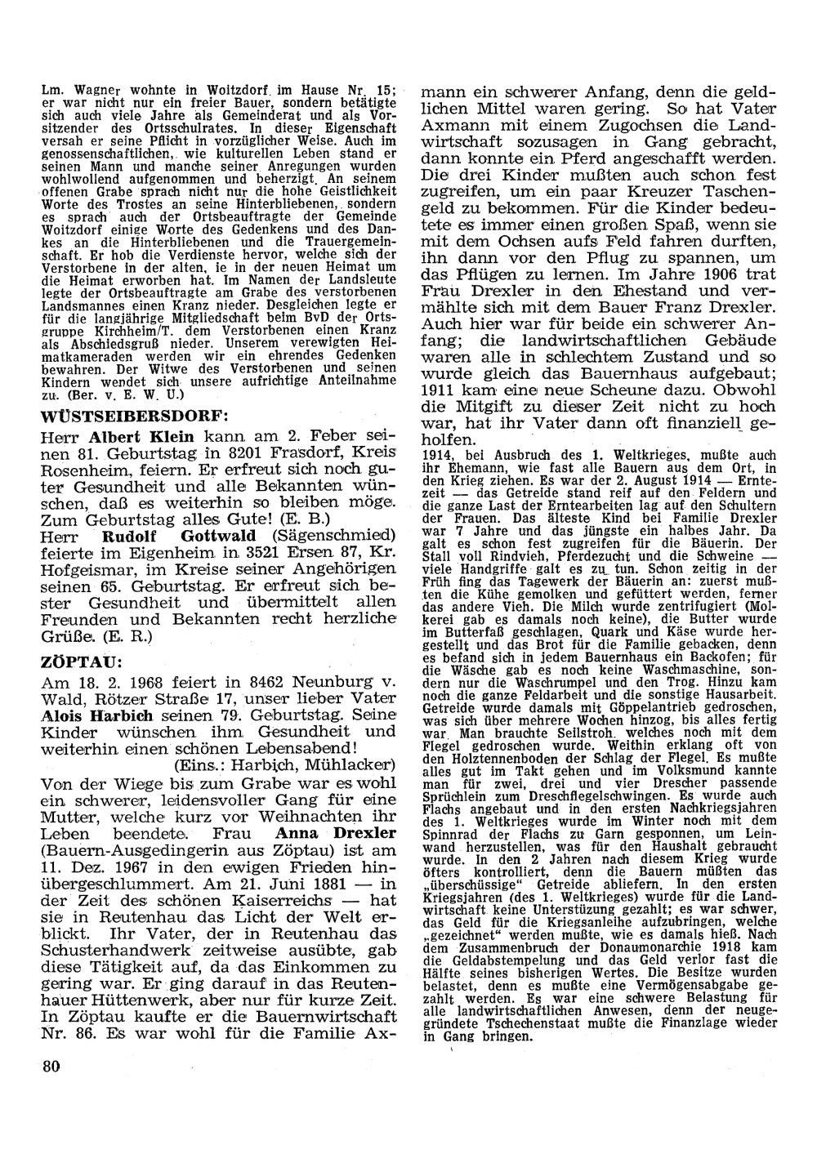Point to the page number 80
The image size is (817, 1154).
(51, 1067)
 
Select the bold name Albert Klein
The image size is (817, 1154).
(135, 437)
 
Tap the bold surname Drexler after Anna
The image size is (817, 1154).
(364, 833)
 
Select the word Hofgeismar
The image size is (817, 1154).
(87, 568)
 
